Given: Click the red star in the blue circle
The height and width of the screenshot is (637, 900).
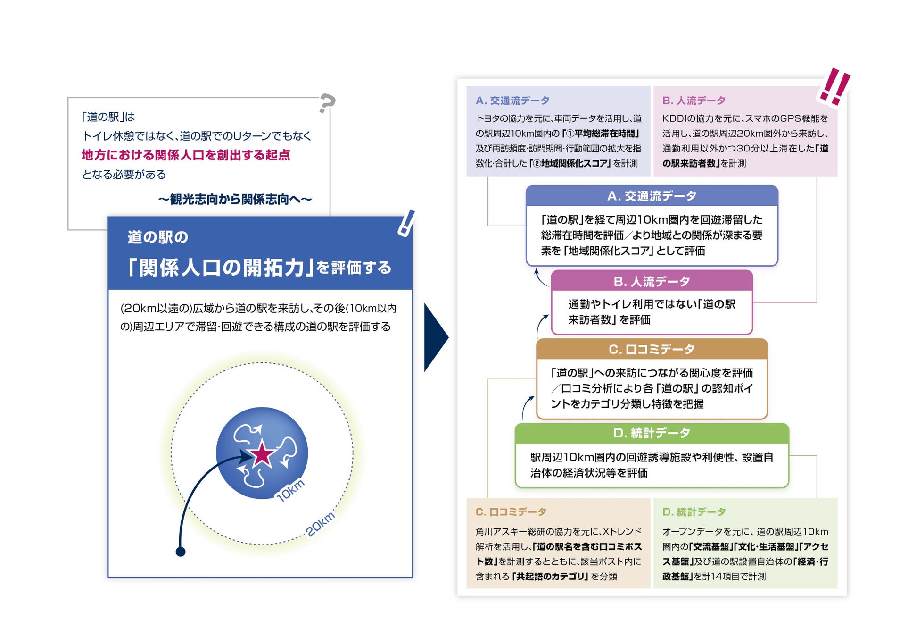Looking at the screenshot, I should click(x=262, y=454).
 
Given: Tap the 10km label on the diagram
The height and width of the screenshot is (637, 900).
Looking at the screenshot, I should click(x=291, y=490).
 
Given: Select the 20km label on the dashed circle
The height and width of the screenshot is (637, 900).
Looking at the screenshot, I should click(x=321, y=524).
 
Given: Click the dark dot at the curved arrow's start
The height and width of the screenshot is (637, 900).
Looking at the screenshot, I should click(x=180, y=551).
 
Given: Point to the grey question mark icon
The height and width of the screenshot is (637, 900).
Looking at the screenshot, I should click(x=326, y=103).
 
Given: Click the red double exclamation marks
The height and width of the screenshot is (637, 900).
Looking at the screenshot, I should click(x=834, y=86).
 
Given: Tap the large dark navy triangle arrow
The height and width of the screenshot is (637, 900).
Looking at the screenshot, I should click(x=435, y=337).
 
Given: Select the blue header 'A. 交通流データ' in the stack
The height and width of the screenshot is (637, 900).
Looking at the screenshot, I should click(x=652, y=196).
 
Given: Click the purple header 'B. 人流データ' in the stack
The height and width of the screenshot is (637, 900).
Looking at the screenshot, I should click(x=652, y=282).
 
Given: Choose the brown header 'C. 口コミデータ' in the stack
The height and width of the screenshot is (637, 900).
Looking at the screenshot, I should click(x=652, y=349).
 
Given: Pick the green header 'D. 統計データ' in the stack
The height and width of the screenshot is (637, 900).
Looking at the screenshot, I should click(x=652, y=433).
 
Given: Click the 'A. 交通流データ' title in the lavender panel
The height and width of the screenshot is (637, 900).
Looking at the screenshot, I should click(x=512, y=101).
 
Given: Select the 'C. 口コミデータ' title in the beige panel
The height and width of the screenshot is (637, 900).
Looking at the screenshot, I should click(x=511, y=512).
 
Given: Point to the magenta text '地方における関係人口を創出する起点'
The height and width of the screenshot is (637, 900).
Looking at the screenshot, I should click(x=186, y=155).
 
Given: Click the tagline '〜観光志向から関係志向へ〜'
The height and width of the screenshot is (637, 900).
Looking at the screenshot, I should click(x=235, y=199).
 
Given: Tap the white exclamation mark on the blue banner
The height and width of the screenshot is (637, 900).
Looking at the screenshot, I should click(x=406, y=223).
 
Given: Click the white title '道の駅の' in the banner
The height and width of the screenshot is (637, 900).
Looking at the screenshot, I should click(x=158, y=237).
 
